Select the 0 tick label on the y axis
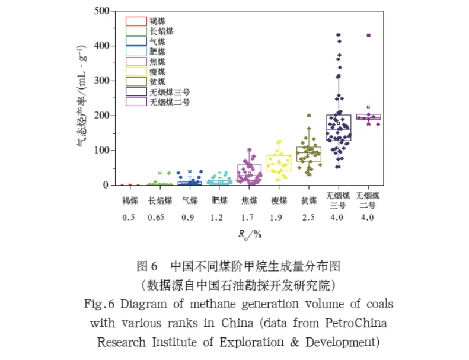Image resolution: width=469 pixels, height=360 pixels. (x=107, y=185)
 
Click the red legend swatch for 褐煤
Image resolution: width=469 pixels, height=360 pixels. (x=136, y=21)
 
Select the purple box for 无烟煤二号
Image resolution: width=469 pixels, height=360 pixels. (x=369, y=117)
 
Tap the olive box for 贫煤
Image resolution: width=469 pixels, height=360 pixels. (x=308, y=154)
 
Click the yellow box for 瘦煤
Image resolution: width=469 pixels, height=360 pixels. (x=278, y=163)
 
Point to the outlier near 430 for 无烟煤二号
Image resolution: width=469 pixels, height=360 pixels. (x=369, y=36)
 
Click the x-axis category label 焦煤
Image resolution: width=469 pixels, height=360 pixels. (x=249, y=200)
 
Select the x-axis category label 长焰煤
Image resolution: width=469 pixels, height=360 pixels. (x=159, y=200)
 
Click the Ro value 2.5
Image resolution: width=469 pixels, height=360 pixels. (x=309, y=218)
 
